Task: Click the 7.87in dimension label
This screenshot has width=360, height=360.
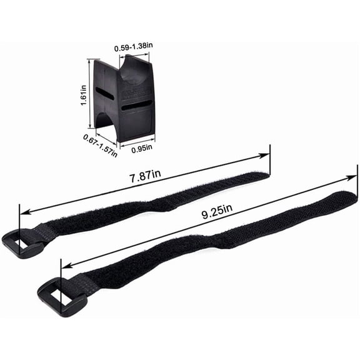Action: click(145, 176)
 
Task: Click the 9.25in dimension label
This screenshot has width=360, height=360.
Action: click(217, 212)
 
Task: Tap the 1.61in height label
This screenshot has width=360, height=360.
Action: click(84, 95)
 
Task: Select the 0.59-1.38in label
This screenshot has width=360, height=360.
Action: click(133, 47)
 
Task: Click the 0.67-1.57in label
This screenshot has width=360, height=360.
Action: click(101, 146)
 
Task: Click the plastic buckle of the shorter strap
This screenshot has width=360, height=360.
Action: click(22, 244)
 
